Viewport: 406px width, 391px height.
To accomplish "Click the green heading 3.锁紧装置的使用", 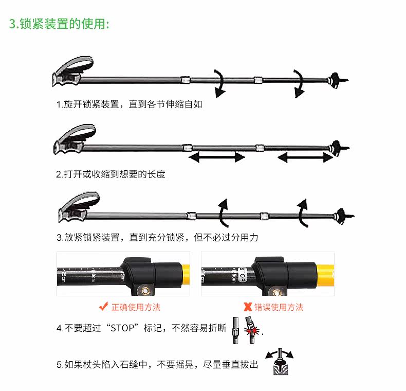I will click(x=59, y=24).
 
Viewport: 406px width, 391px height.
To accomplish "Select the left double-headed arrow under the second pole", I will click(x=216, y=157).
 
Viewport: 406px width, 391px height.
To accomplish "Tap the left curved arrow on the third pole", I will click(x=223, y=212).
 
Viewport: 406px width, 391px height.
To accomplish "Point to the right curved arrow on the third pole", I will click(x=302, y=212).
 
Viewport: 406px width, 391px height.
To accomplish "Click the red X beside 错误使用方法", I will click(x=248, y=308).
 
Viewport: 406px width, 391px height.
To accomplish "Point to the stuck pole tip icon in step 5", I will click(x=279, y=362).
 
